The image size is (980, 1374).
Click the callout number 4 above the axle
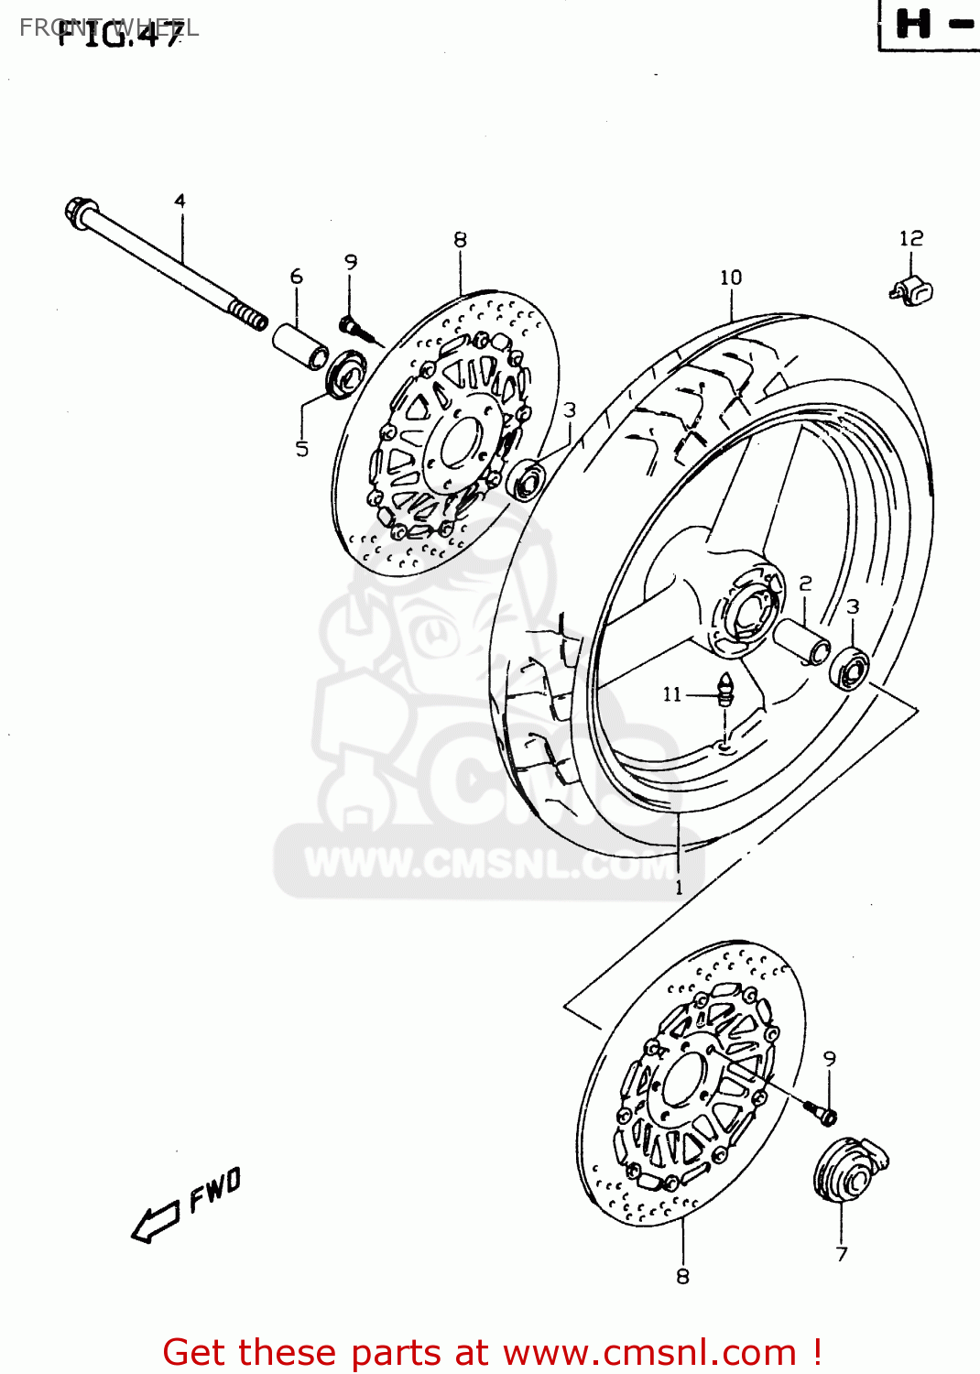(x=180, y=201)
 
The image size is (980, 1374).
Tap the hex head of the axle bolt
(x=77, y=212)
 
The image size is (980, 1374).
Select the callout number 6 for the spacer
(x=296, y=277)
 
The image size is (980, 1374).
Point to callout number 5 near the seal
(x=301, y=449)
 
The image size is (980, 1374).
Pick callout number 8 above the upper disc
(x=460, y=240)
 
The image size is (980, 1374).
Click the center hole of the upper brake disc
(x=455, y=443)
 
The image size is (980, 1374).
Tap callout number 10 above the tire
(x=730, y=278)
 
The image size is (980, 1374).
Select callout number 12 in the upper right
(x=910, y=238)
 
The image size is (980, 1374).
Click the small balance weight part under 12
(x=910, y=290)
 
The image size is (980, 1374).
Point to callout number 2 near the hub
(x=805, y=583)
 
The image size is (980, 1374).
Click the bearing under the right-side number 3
(x=849, y=666)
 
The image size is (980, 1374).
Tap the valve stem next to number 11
(x=725, y=689)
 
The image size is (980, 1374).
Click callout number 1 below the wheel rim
(x=679, y=888)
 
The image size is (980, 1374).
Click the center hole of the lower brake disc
(x=682, y=1082)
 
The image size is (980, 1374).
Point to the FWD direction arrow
(x=156, y=1222)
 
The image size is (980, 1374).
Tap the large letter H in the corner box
(x=913, y=24)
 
